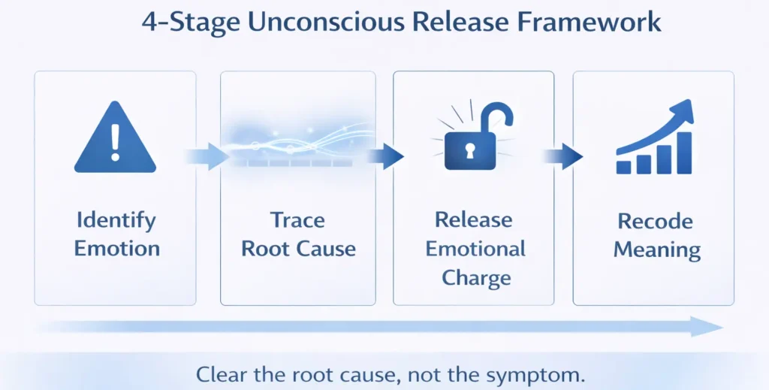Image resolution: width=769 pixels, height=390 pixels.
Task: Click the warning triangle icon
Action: (x=115, y=140)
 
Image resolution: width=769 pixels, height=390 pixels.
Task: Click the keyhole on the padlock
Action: (x=469, y=152)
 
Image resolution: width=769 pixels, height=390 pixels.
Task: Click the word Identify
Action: (x=116, y=221)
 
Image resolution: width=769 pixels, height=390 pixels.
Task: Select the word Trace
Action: (x=297, y=221)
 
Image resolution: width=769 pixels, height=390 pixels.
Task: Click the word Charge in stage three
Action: (x=476, y=277)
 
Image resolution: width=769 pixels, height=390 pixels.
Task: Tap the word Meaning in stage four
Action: (x=656, y=249)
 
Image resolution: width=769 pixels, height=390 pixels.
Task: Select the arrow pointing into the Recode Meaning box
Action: (x=562, y=156)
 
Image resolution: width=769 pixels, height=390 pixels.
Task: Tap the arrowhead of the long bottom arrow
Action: (x=707, y=326)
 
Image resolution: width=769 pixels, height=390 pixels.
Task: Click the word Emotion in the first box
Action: (x=116, y=249)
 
